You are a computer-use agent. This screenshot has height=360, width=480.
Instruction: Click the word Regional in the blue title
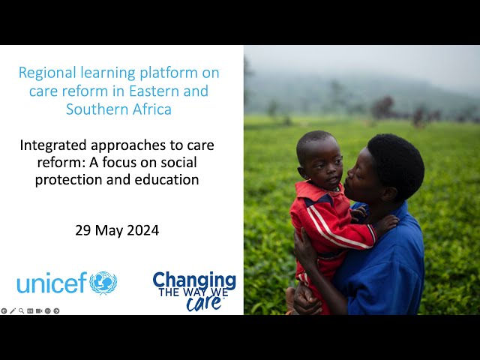(46, 73)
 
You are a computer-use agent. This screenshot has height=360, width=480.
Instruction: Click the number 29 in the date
(82, 230)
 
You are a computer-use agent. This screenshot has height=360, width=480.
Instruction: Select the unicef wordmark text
(52, 283)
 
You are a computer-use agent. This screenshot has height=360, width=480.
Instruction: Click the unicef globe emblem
(103, 283)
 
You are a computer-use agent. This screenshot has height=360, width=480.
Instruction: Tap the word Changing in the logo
(194, 280)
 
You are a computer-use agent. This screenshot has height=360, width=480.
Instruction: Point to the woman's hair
(397, 162)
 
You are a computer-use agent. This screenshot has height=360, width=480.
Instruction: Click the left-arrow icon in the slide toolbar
(4, 310)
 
